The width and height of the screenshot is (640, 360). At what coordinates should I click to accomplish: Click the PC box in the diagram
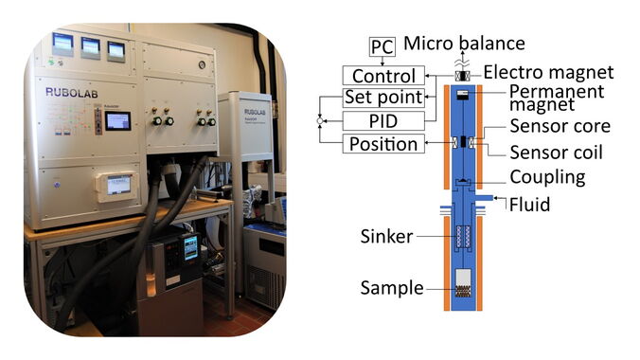click(x=382, y=46)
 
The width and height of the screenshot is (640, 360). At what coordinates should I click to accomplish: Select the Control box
click(x=383, y=76)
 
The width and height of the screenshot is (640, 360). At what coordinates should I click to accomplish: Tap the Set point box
click(x=383, y=98)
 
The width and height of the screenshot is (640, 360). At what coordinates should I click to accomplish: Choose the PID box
click(x=383, y=121)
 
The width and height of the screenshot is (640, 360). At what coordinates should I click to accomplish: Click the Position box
click(x=383, y=144)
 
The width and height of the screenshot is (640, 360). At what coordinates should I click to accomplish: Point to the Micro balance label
click(x=464, y=43)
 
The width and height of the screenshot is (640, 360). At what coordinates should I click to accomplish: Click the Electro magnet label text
click(x=548, y=72)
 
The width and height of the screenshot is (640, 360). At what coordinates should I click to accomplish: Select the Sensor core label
click(x=560, y=126)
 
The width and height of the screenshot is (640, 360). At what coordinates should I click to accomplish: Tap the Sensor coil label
click(x=556, y=153)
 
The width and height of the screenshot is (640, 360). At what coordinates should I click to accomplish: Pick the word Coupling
click(x=548, y=178)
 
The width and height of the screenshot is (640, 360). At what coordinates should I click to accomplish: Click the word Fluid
click(x=530, y=205)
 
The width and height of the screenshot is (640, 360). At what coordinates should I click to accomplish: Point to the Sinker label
click(x=386, y=236)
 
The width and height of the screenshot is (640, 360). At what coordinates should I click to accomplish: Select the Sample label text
click(x=392, y=288)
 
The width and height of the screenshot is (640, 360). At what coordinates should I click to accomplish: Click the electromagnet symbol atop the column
click(x=462, y=76)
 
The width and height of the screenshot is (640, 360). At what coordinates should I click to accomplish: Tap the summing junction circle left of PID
click(x=320, y=121)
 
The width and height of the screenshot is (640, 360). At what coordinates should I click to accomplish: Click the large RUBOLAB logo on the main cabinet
click(x=71, y=93)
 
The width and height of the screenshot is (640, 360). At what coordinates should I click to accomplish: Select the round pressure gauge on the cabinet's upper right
click(x=202, y=64)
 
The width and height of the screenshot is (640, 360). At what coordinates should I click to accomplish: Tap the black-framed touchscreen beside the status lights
click(x=118, y=121)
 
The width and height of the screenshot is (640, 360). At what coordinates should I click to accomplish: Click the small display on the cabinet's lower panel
click(x=118, y=185)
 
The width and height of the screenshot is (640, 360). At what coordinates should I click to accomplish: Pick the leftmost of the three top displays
click(x=62, y=44)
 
